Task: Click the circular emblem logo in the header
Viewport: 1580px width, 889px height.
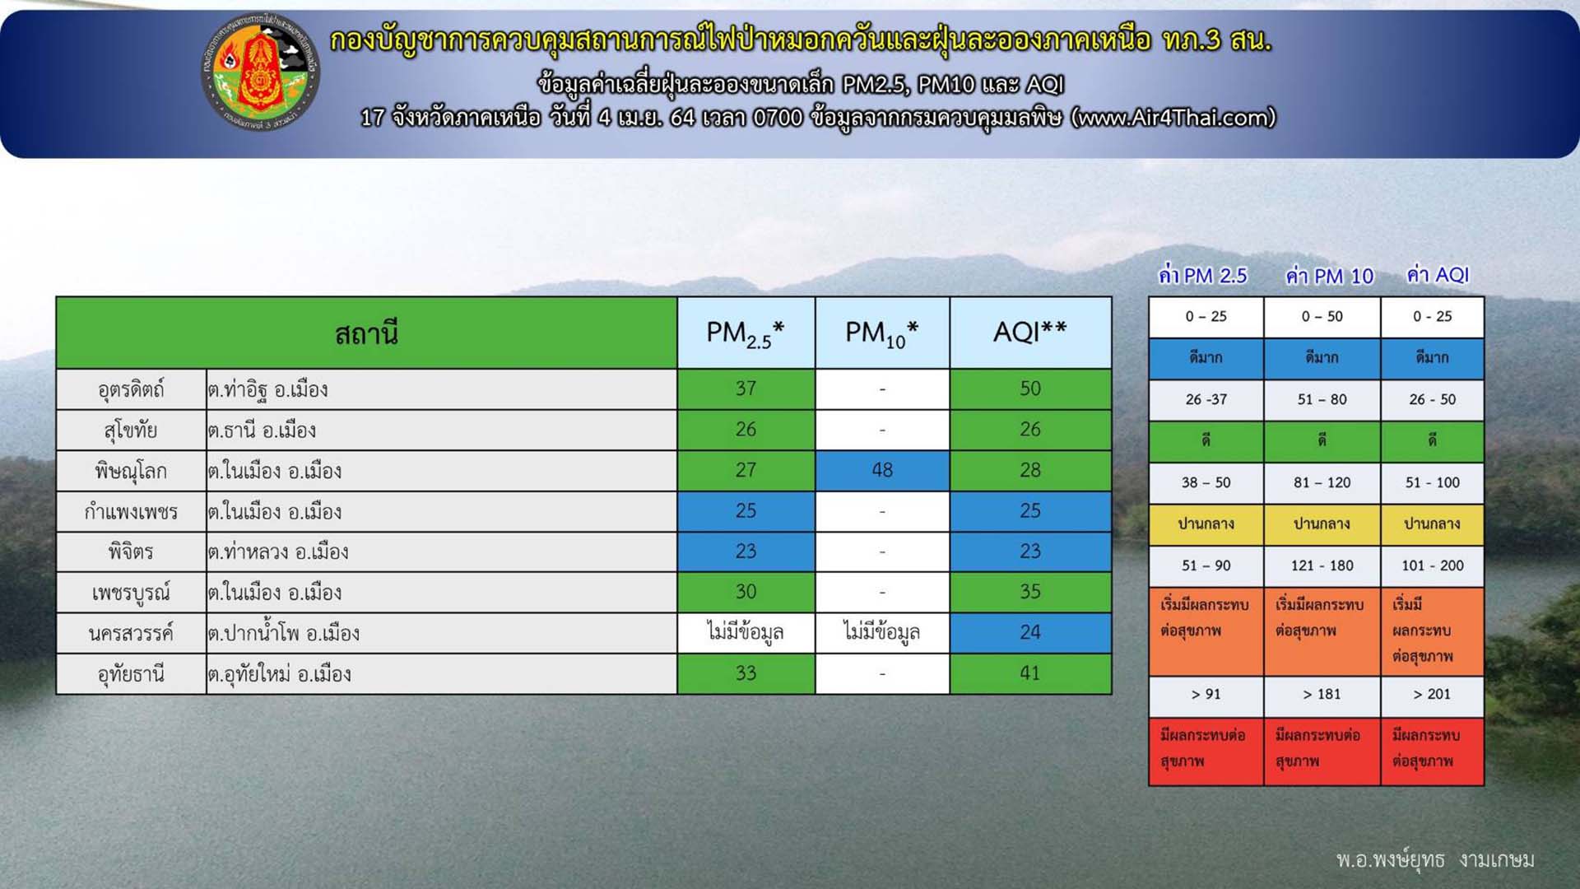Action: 260,73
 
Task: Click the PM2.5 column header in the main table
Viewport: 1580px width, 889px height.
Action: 746,333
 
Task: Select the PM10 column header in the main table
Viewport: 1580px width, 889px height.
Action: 882,333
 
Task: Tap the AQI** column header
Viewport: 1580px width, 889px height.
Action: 1030,333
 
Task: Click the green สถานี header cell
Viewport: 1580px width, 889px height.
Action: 366,333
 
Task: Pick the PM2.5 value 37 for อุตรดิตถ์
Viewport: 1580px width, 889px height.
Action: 746,389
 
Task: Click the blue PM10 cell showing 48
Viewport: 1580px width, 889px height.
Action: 882,470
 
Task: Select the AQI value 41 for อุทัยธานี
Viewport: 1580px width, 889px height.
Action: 1030,673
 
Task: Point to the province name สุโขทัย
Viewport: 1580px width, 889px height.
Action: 131,430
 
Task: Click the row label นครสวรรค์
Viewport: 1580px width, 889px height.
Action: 131,633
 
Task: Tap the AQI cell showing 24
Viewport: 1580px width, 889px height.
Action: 1030,632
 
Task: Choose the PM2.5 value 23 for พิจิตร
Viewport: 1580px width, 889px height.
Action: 746,552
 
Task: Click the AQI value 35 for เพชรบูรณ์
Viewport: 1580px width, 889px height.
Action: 1030,592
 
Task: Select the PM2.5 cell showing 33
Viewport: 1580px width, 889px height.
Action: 746,673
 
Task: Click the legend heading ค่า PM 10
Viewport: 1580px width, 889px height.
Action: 1330,276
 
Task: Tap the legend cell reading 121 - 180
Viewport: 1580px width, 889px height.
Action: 1322,566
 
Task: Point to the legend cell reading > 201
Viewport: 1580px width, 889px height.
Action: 1432,694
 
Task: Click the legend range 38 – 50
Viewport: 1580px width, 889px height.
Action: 1206,482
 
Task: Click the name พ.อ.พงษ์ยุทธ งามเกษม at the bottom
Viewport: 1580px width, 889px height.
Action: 1435,860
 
